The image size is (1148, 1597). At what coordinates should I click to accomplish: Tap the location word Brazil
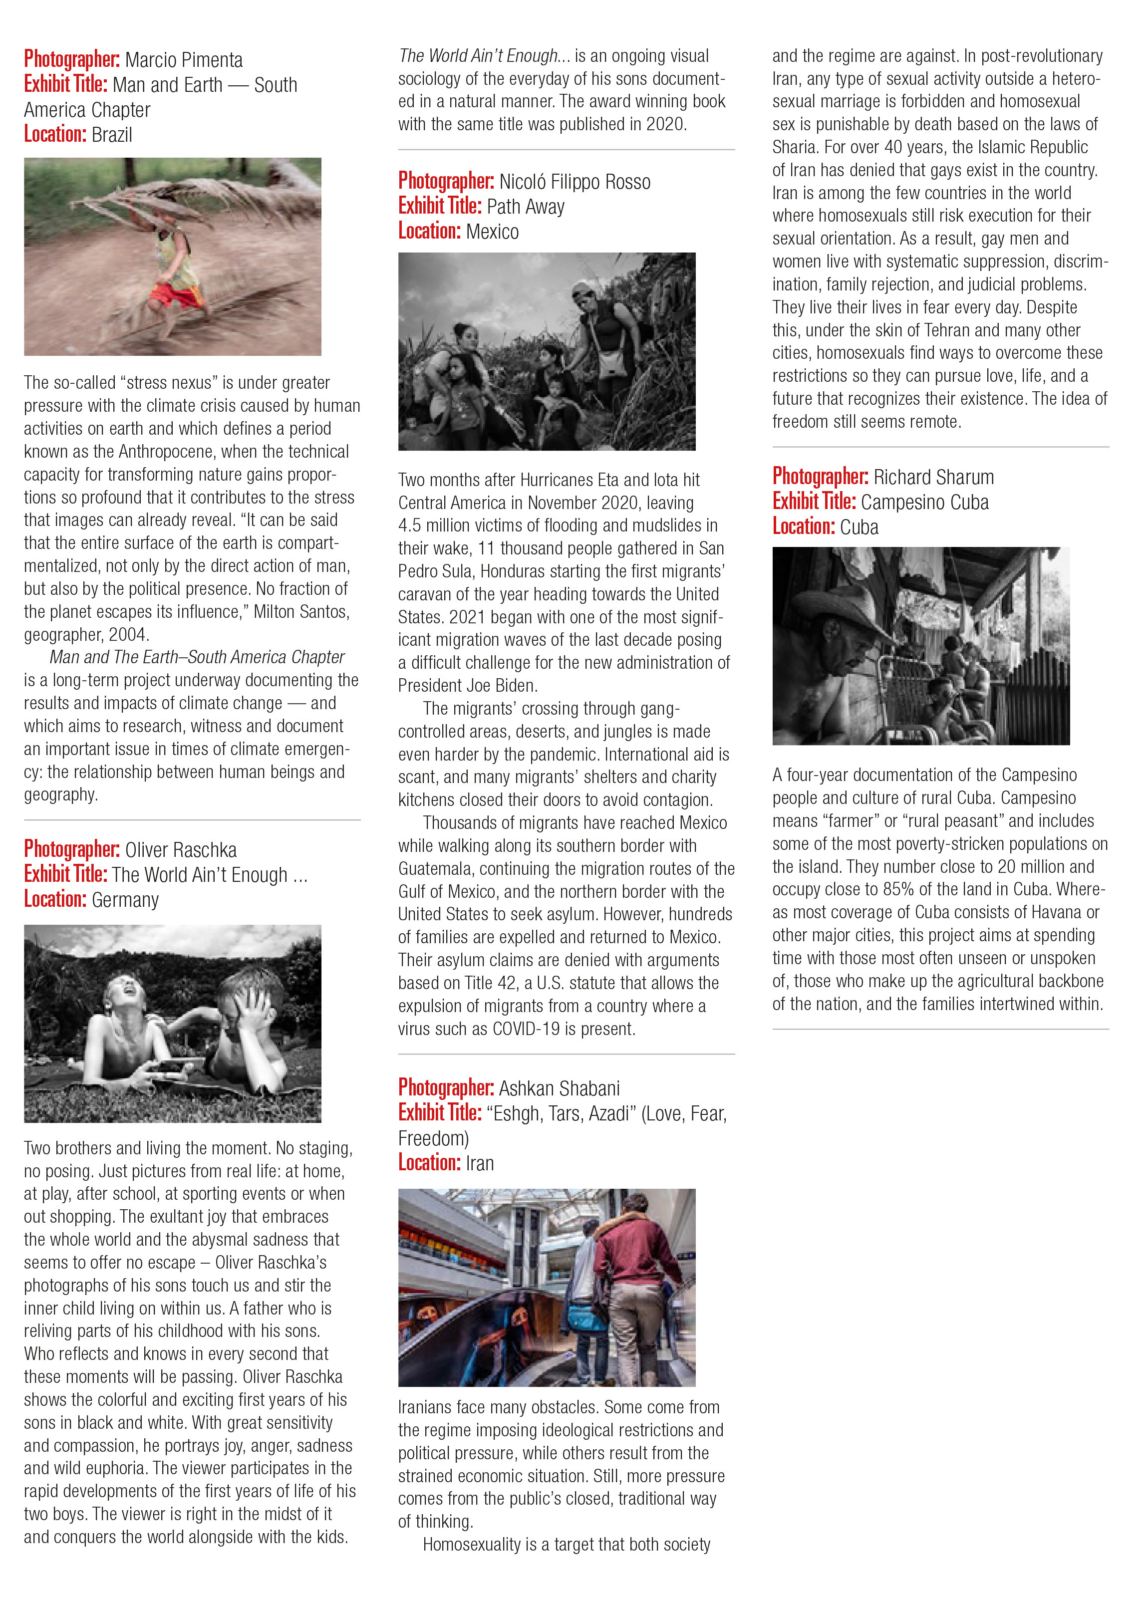(112, 134)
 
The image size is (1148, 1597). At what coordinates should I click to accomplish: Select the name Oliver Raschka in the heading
(181, 850)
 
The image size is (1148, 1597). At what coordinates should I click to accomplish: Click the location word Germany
(125, 900)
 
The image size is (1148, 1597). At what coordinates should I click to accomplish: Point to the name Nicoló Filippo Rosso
(574, 182)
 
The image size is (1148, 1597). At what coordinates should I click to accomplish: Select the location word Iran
(480, 1163)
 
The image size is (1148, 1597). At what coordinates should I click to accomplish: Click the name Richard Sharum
(933, 478)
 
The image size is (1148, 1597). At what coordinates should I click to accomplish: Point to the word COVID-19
(526, 1029)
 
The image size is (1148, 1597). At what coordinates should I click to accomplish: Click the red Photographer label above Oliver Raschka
(72, 849)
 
